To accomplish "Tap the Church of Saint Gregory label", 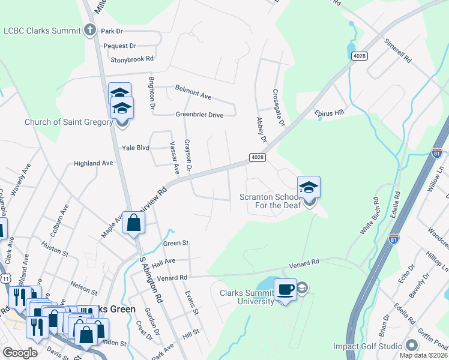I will point(68,122).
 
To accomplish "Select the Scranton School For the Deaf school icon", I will point(309,188).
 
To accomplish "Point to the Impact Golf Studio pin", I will point(411,346).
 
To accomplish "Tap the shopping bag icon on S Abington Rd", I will point(133,223).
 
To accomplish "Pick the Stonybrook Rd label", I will point(132,59).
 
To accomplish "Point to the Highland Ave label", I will point(93,163).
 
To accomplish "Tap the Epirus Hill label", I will point(330,112).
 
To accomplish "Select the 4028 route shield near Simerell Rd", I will point(360,56).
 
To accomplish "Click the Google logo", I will point(20,353).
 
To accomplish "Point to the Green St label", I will point(176,243).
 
